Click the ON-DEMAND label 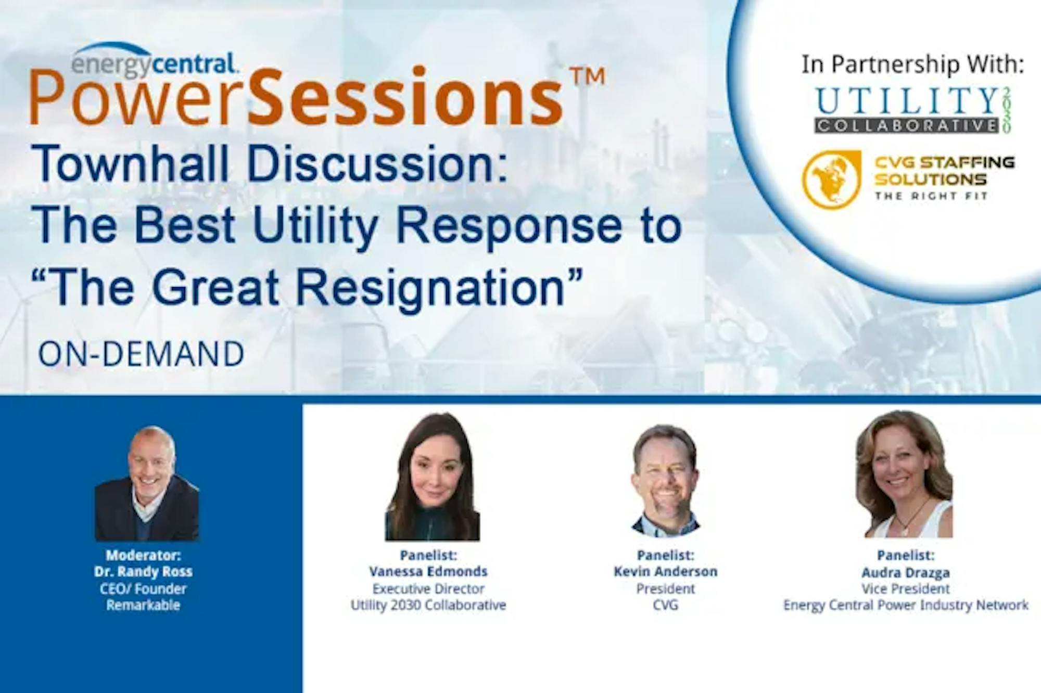141,354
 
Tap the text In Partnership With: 912,65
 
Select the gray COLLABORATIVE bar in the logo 907,125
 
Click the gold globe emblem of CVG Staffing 831,179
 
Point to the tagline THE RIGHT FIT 931,196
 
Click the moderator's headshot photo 147,484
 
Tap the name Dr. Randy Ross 143,571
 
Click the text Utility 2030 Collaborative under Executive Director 428,605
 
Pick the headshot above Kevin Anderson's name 665,481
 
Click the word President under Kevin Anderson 666,588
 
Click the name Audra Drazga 906,572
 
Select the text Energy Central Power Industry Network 906,605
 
